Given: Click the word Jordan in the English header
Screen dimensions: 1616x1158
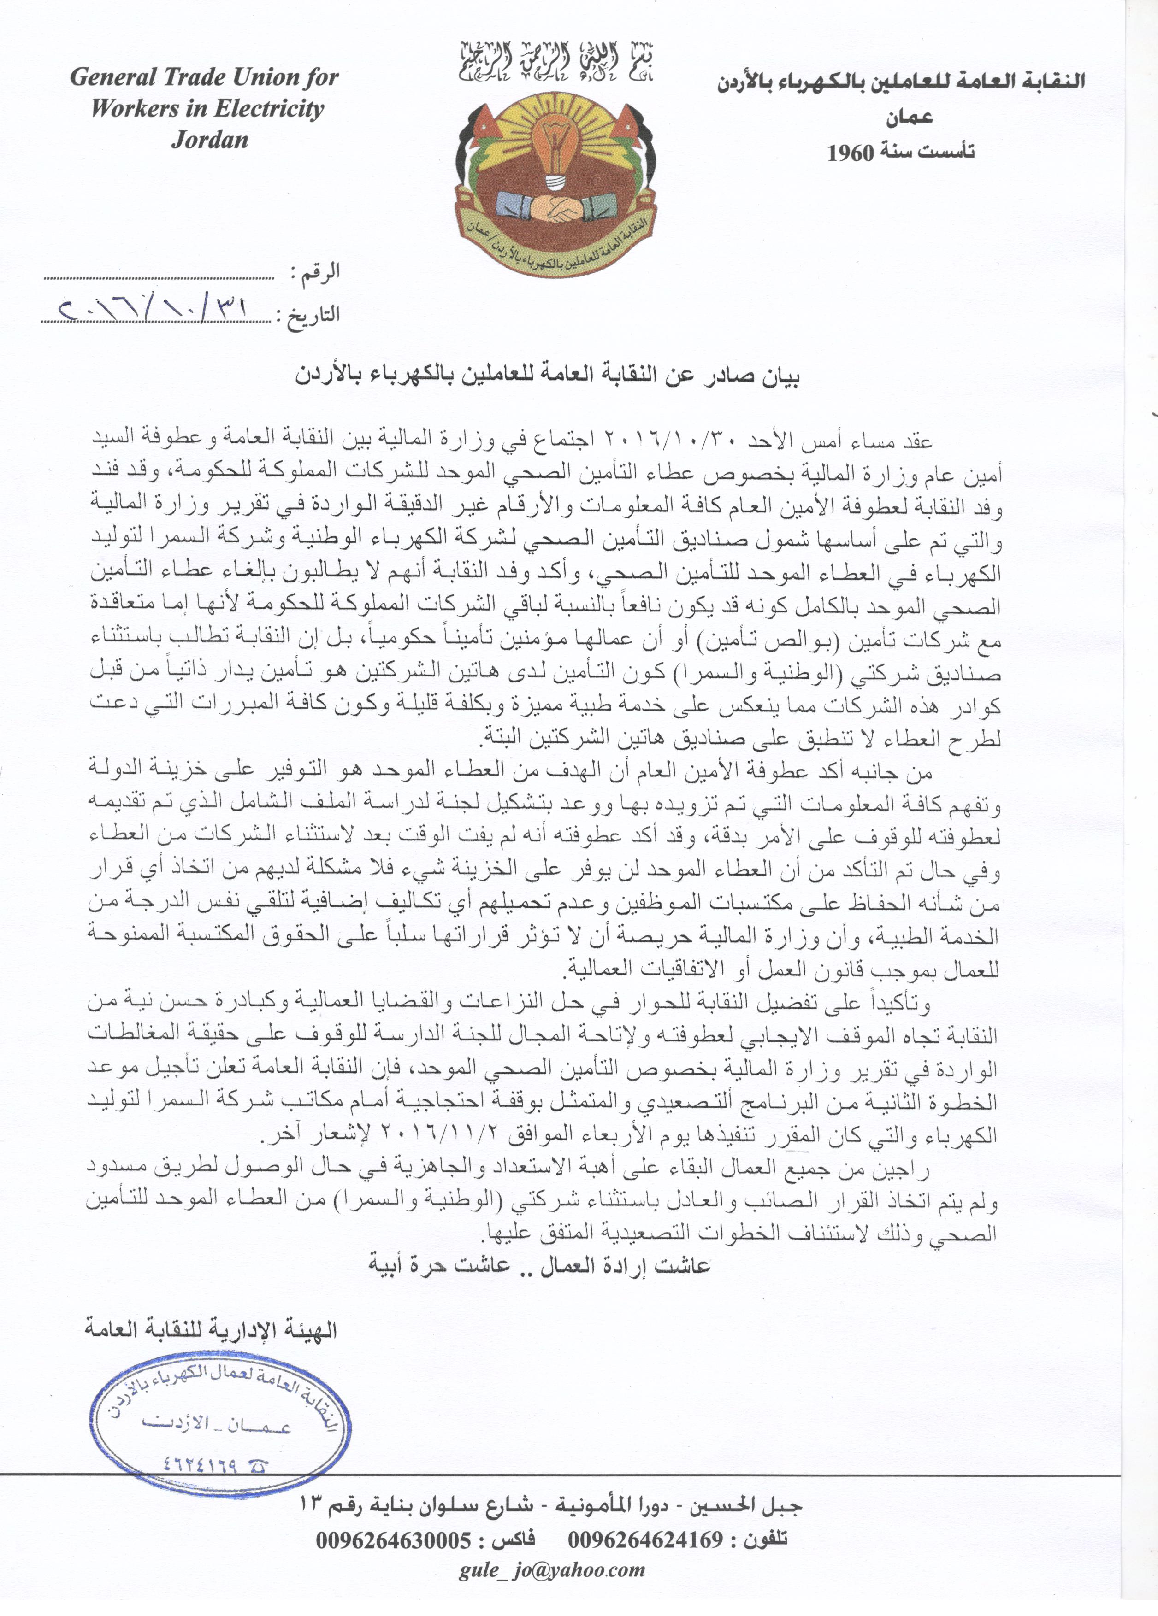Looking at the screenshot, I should click(x=209, y=140).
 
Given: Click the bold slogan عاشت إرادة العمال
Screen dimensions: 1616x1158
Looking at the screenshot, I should click(x=539, y=1265).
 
